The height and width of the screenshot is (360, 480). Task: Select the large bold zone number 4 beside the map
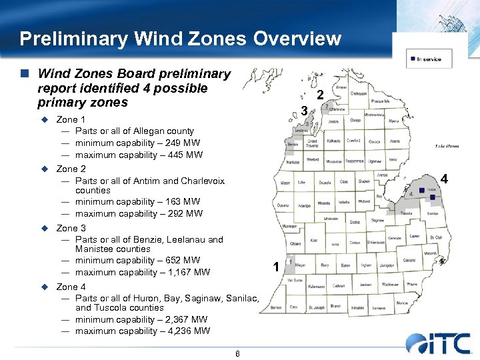click(x=444, y=179)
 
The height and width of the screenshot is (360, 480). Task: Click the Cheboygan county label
click(x=358, y=93)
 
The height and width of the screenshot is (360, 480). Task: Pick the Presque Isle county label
click(x=380, y=101)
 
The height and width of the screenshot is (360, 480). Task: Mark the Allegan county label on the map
click(x=300, y=265)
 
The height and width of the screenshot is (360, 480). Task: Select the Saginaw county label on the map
click(x=377, y=220)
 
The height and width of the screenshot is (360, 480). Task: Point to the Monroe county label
click(x=401, y=303)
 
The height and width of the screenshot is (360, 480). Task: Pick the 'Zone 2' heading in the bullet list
click(x=71, y=169)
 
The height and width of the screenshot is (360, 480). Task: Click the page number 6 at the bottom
click(x=237, y=353)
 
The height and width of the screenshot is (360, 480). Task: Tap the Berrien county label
click(x=275, y=308)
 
